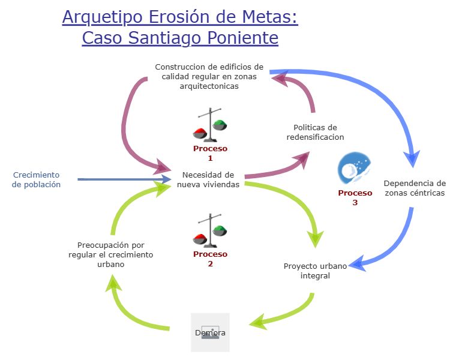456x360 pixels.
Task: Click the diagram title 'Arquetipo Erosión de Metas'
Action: [x=180, y=17]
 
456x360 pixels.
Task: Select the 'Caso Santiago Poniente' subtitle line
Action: [x=180, y=38]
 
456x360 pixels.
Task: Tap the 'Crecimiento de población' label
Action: [x=37, y=180]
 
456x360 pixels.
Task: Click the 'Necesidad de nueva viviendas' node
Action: [x=208, y=180]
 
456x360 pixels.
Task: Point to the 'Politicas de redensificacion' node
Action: [x=315, y=132]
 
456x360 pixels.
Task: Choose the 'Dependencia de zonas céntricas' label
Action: [x=415, y=188]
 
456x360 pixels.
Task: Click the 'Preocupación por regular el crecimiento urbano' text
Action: [x=111, y=254]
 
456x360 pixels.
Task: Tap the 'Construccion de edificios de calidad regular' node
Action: [x=209, y=76]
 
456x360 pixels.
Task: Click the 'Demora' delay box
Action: [x=210, y=332]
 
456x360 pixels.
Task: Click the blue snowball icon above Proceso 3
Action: [x=354, y=169]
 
